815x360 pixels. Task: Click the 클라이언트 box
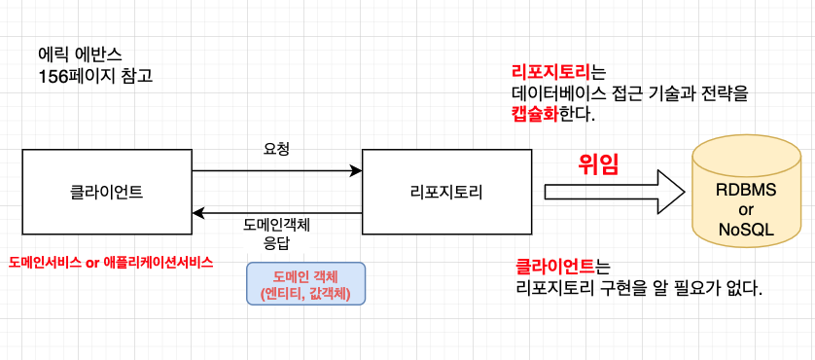tap(107, 192)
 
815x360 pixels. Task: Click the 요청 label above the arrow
tap(276, 149)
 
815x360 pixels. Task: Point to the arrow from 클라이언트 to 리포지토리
tap(277, 171)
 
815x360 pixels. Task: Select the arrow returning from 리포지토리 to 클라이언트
tap(277, 211)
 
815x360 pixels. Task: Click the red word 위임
tap(598, 162)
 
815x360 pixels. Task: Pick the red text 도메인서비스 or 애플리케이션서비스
tap(110, 263)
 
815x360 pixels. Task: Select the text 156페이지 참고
tap(94, 75)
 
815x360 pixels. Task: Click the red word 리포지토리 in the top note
tap(551, 72)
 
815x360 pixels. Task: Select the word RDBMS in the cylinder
tap(746, 192)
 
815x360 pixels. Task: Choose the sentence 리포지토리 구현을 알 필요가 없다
tap(639, 288)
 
